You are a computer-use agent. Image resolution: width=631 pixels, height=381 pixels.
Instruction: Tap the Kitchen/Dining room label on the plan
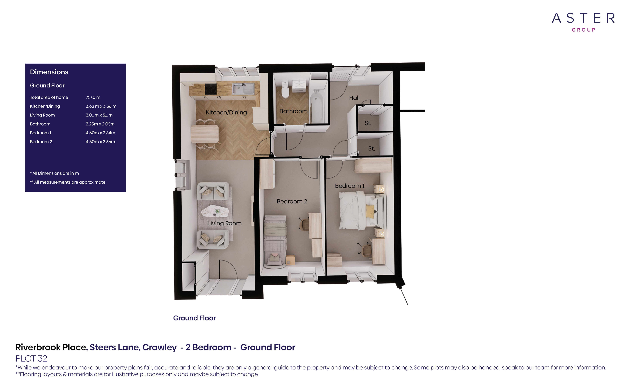226,112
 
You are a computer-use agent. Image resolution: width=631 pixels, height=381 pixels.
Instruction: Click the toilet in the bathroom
285,90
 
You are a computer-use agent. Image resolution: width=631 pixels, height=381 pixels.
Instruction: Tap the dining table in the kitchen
205,134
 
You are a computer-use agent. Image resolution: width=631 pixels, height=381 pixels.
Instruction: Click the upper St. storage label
368,123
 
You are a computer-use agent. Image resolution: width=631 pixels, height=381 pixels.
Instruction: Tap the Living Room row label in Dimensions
42,115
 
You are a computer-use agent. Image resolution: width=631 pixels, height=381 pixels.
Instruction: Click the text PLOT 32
31,359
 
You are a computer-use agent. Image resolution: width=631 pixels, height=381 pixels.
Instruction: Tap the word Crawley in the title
159,347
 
